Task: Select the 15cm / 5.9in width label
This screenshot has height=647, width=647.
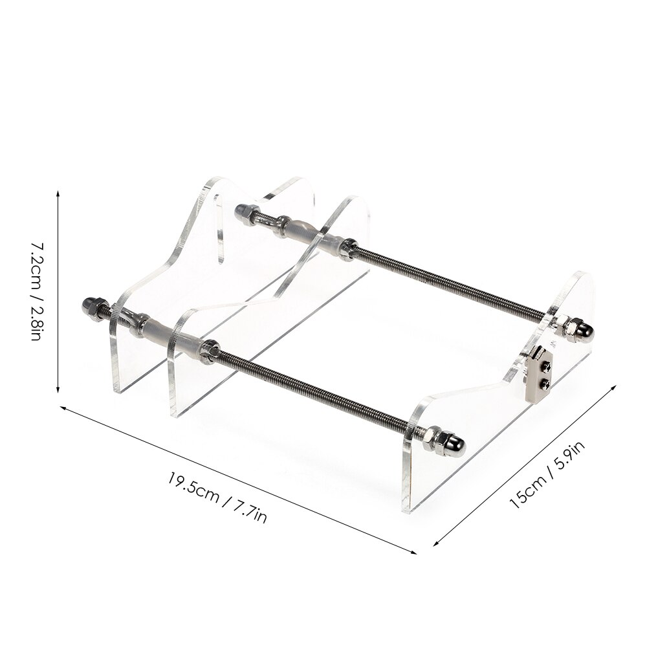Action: pyautogui.click(x=547, y=474)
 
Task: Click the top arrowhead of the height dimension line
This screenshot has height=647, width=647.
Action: pyautogui.click(x=58, y=193)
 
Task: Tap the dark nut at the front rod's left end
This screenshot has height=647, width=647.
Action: pyautogui.click(x=91, y=307)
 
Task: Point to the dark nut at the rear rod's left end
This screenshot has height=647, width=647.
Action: pyautogui.click(x=243, y=211)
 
